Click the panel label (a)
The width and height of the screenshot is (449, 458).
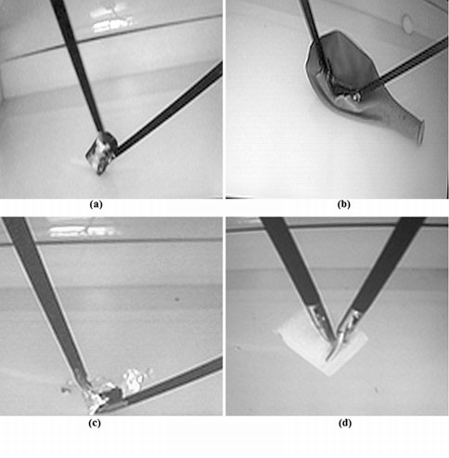tap(96, 204)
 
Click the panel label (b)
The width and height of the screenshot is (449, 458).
tap(343, 204)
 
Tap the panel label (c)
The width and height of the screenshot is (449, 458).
tap(95, 423)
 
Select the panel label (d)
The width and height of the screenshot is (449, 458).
tap(345, 423)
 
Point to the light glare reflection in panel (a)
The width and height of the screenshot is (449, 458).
tap(112, 21)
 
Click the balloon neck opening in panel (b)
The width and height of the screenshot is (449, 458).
tap(420, 133)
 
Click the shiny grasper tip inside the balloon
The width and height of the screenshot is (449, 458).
tap(356, 97)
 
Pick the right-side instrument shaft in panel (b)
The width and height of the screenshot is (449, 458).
tap(405, 65)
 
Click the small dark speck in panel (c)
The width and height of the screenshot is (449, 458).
tap(177, 299)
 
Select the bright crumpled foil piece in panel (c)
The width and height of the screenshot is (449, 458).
tap(135, 378)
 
